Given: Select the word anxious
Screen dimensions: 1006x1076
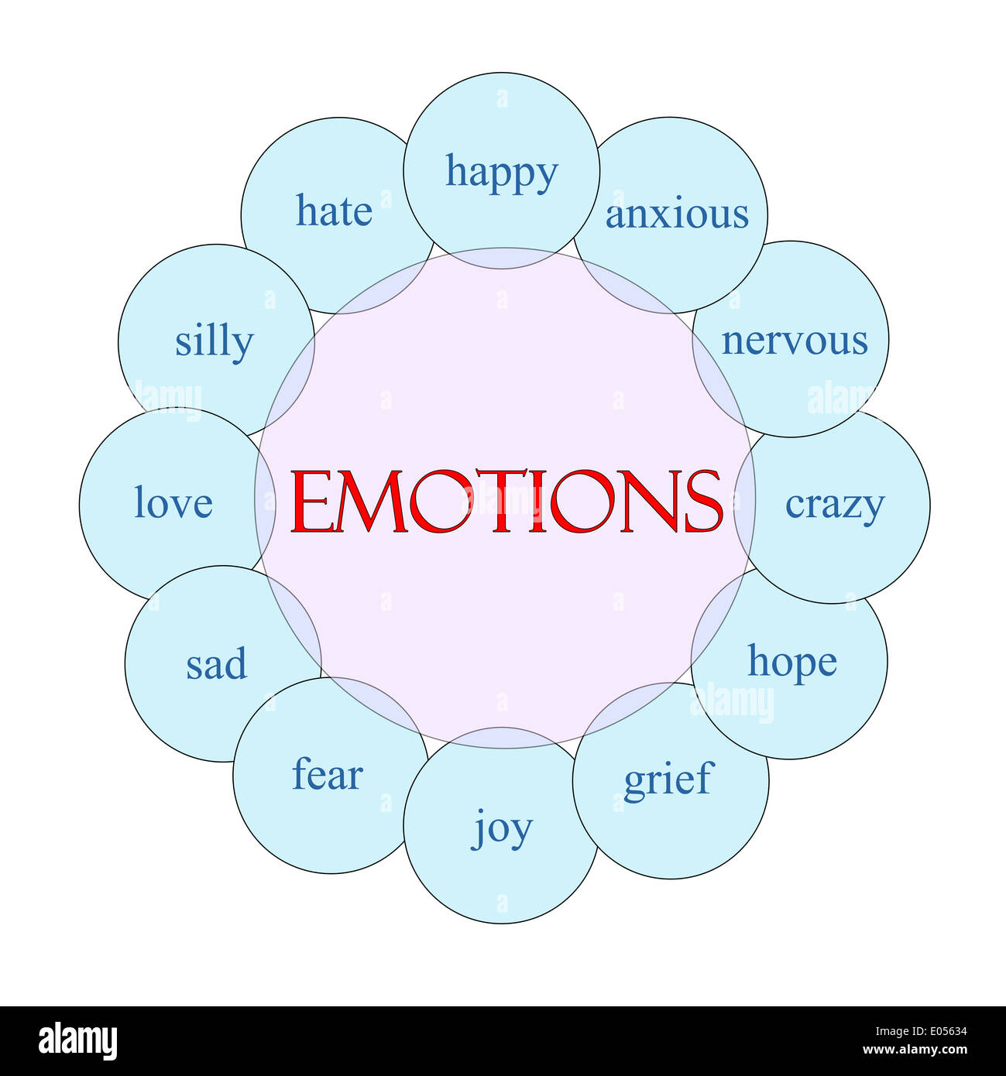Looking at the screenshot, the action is (677, 214).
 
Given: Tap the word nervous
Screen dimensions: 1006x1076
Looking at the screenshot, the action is (795, 341).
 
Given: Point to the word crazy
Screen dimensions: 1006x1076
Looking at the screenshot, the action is (834, 505).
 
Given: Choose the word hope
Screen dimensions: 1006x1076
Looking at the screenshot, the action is (791, 663).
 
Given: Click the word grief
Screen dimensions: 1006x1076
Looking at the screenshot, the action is (667, 780).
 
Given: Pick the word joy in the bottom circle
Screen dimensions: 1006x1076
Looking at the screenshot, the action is (502, 829).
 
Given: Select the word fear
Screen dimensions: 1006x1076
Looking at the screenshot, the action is (327, 775).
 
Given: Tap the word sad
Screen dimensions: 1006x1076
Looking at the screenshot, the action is (216, 664).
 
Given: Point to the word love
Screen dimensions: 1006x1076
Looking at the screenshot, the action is (173, 502).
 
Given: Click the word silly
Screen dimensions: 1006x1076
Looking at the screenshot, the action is (214, 341).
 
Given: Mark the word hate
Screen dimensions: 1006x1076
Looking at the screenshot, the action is (334, 211).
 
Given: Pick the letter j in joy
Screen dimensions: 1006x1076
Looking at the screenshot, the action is (479, 831).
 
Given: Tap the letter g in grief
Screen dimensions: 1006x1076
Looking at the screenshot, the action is (634, 783).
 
